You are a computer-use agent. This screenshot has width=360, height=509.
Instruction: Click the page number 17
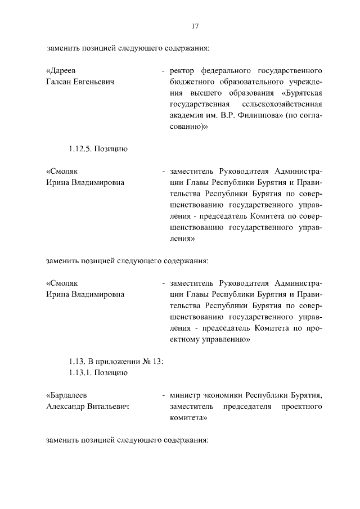[x=195, y=26]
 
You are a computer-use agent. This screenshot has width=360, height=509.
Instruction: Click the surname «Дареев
[x=60, y=71]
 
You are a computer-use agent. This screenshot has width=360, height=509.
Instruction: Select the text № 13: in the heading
[x=154, y=361]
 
